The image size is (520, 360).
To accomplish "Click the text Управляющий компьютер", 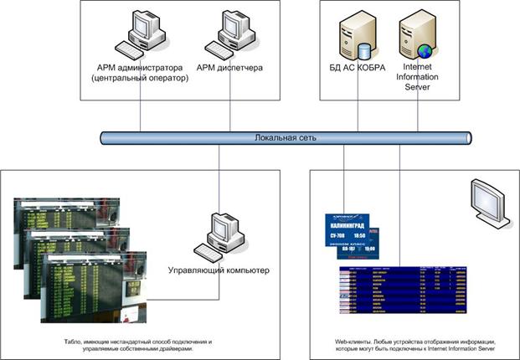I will click(x=220, y=271).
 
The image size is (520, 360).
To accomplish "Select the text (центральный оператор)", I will click(x=139, y=79).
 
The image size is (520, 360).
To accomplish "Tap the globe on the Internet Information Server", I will click(x=425, y=49).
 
